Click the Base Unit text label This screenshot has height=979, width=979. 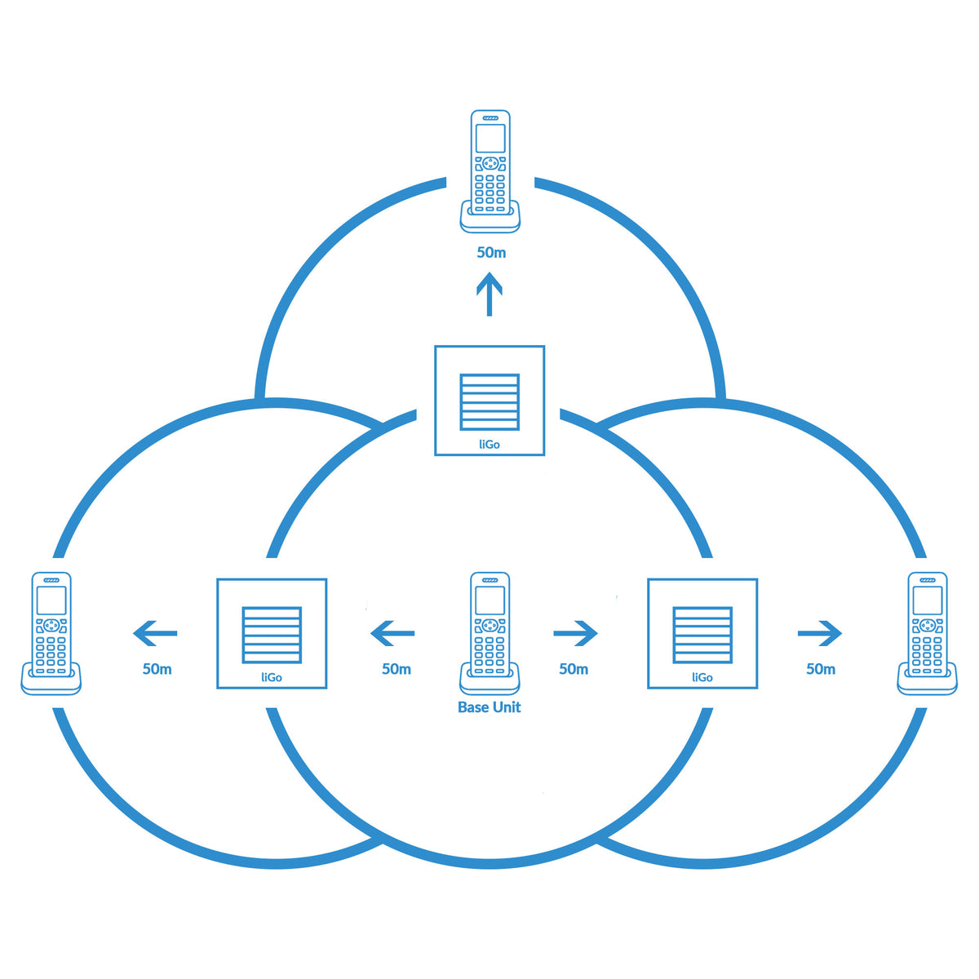489,707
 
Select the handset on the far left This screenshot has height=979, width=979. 51,633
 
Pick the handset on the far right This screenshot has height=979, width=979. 927,633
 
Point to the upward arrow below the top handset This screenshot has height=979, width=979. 489,295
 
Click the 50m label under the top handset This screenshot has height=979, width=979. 491,253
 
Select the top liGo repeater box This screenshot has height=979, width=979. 489,400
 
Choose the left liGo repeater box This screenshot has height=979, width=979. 272,633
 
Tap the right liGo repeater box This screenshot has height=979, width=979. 702,633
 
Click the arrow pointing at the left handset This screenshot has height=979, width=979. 155,632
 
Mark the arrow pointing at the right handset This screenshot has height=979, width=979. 820,632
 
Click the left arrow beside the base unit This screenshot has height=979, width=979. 392,632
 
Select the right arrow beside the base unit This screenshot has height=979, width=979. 575,632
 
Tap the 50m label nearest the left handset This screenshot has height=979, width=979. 157,669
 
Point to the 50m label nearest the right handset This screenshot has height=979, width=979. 821,669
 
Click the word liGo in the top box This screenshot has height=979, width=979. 489,445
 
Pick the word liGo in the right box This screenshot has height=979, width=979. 702,677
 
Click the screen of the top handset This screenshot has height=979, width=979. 490,138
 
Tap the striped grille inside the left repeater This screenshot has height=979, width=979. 272,635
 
